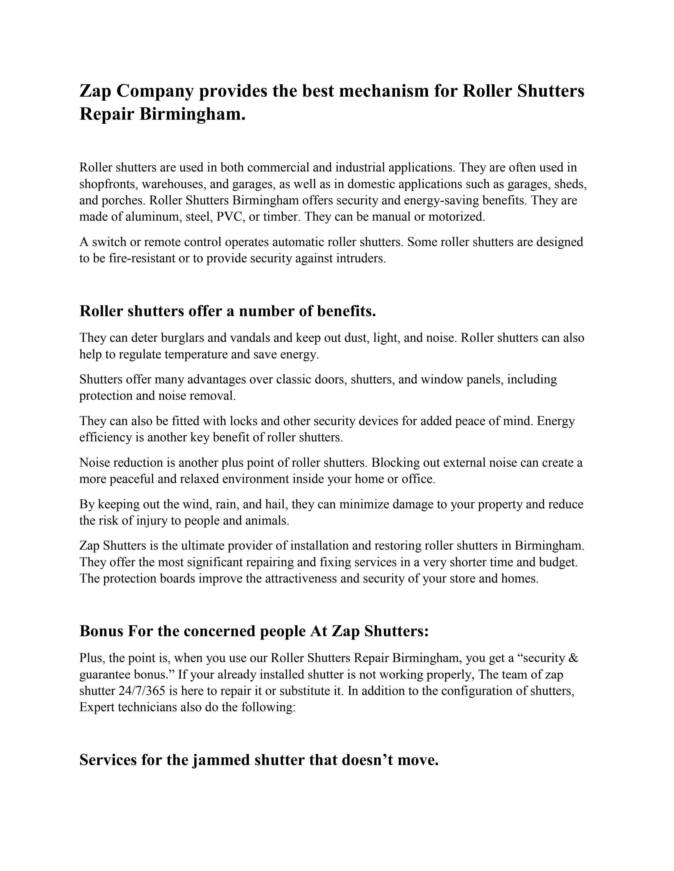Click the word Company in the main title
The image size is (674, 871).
tap(155, 91)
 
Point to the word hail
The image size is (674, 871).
tap(276, 504)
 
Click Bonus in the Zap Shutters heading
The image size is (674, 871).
tap(101, 631)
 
